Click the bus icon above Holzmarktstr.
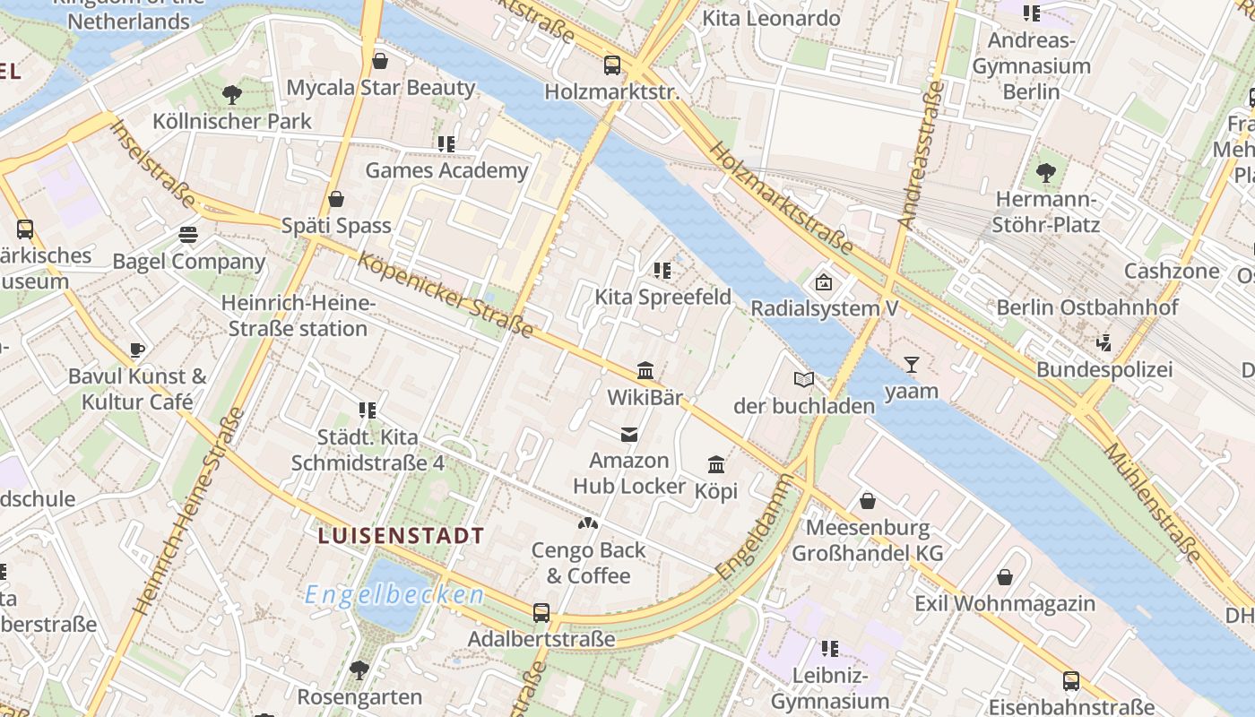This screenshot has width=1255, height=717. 612,65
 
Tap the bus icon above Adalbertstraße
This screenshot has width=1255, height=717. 541,613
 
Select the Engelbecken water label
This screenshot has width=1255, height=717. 394,595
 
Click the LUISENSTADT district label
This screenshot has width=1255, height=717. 401,536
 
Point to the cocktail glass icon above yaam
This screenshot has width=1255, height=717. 912,364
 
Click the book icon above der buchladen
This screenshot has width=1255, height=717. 804,380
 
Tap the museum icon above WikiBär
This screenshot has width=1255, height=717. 645,370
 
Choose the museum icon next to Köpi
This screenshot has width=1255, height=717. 716,464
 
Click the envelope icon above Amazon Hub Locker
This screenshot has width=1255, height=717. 629,435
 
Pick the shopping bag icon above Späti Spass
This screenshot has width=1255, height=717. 336,199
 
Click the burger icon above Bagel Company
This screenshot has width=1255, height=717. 188,235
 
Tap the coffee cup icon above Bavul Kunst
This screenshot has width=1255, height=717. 137,350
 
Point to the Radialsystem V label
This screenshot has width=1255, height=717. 824,308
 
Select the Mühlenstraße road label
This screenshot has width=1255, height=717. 1152,502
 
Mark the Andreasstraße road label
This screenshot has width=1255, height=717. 921,154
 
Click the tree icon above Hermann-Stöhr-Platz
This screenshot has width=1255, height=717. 1046,172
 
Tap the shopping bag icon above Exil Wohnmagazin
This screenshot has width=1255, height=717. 1005,577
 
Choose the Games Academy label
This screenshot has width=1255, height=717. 446,170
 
